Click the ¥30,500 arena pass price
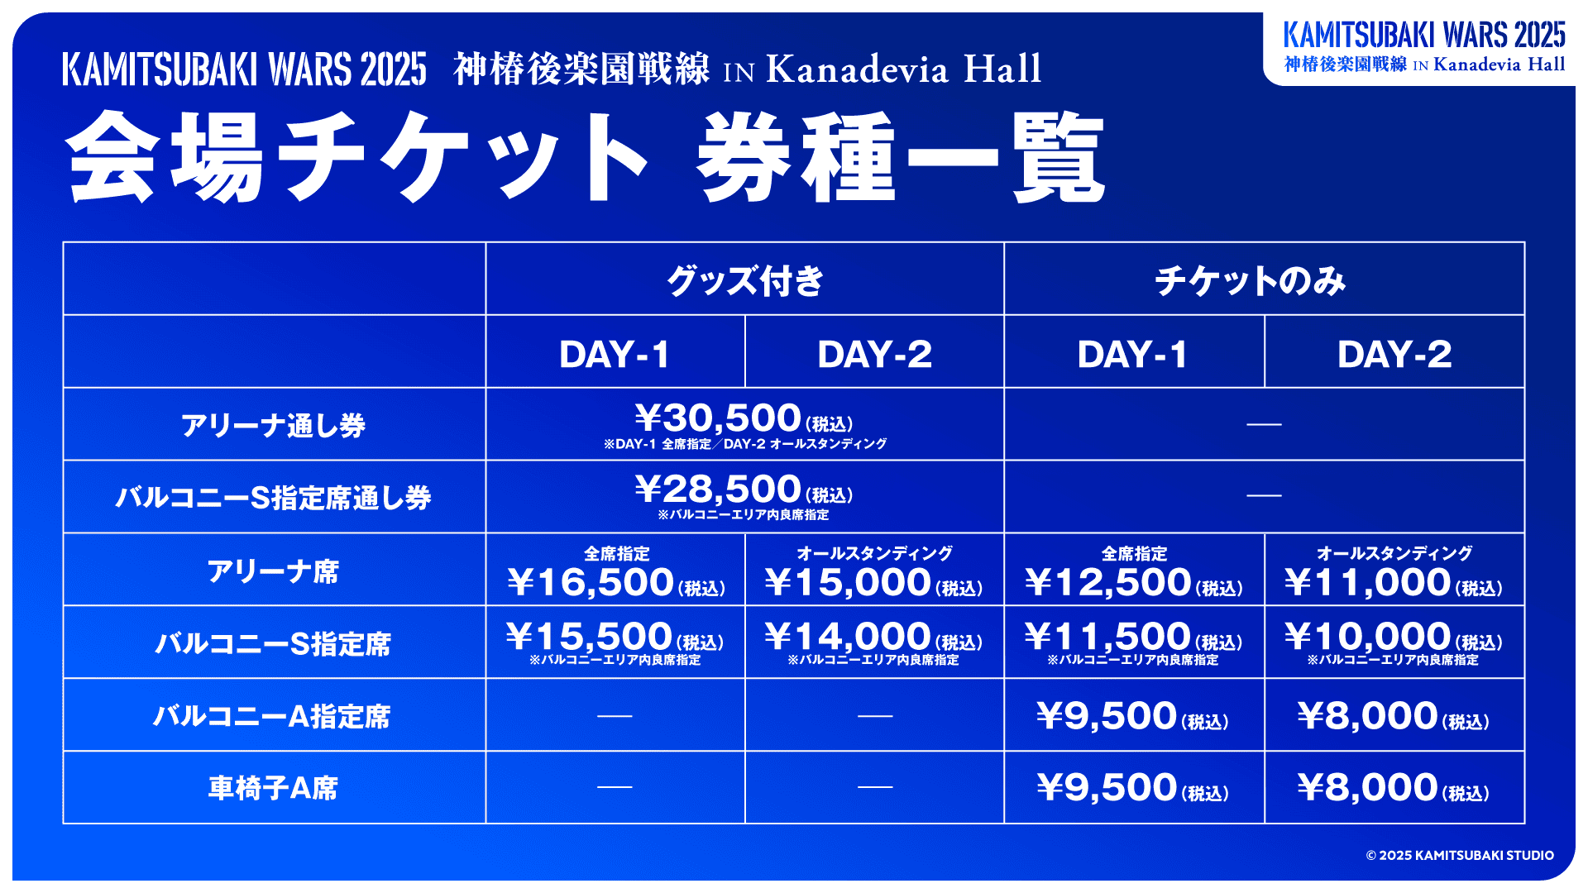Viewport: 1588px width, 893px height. click(x=719, y=418)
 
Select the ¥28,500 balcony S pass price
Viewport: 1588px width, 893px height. click(x=719, y=489)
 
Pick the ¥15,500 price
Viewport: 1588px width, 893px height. click(x=590, y=636)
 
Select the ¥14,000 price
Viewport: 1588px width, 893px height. click(x=849, y=636)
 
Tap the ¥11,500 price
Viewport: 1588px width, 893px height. click(x=1107, y=636)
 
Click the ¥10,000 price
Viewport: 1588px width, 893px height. click(x=1368, y=636)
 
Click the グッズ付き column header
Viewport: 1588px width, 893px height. click(x=745, y=280)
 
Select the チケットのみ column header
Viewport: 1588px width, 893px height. click(x=1251, y=280)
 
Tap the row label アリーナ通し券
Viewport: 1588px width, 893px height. click(x=273, y=425)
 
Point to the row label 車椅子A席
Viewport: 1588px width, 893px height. click(x=273, y=788)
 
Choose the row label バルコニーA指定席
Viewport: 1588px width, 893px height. click(x=272, y=716)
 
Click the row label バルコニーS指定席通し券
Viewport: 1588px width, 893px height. click(x=273, y=498)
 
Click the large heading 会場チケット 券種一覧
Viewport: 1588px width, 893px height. click(x=586, y=157)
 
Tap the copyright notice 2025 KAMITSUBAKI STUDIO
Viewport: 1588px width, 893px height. click(x=1460, y=855)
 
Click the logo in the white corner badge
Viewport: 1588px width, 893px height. click(x=1424, y=47)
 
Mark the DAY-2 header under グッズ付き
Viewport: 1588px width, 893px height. click(x=875, y=354)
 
